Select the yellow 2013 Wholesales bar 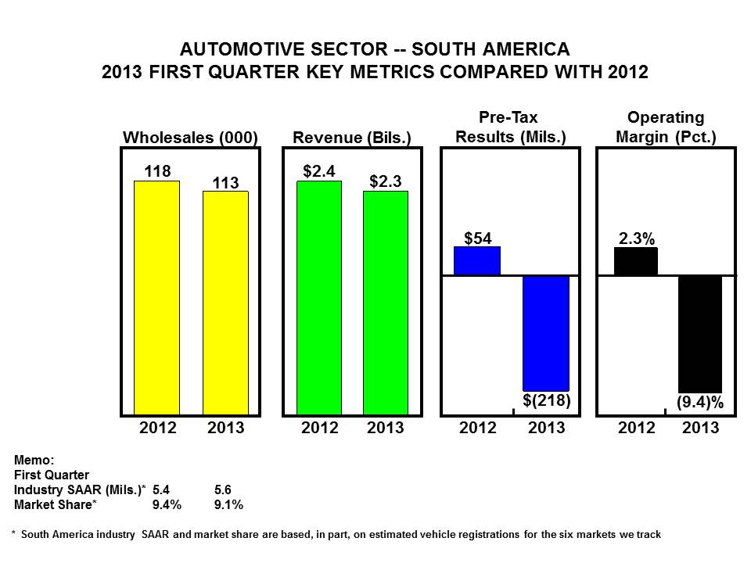(x=225, y=303)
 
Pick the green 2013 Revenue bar (x=386, y=303)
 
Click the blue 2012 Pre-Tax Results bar (x=477, y=261)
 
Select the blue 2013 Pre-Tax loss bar (x=546, y=333)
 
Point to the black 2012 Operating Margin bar (x=635, y=262)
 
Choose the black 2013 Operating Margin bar (x=699, y=333)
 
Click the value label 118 (x=157, y=170)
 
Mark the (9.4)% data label (x=699, y=403)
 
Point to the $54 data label (x=477, y=238)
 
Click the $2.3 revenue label (x=386, y=181)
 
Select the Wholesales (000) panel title (x=191, y=138)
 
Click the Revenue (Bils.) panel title (x=352, y=138)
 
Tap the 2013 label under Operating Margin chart (x=700, y=428)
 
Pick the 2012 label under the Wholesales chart (x=158, y=428)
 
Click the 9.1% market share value (x=228, y=504)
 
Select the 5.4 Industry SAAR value (x=161, y=489)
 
